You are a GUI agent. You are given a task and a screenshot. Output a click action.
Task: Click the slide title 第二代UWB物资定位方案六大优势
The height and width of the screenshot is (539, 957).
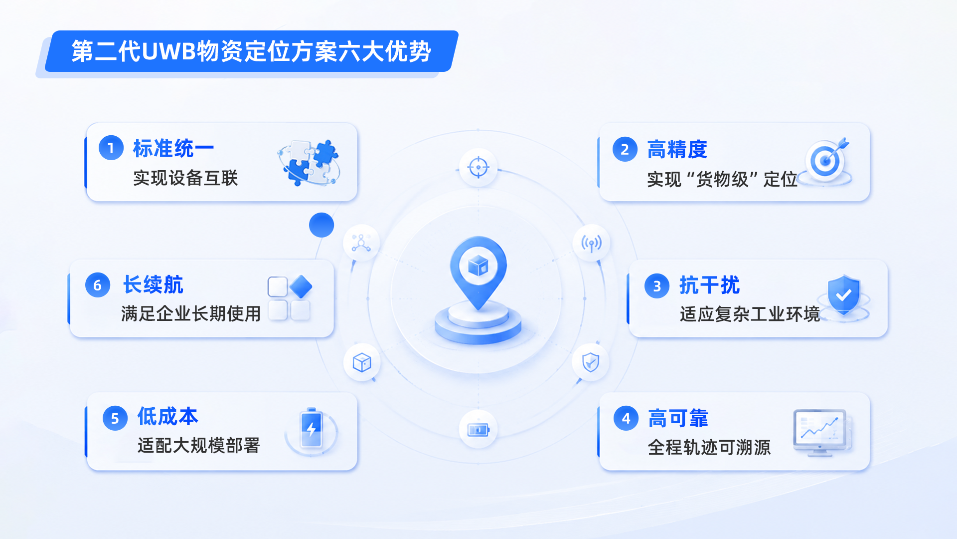[x=251, y=51]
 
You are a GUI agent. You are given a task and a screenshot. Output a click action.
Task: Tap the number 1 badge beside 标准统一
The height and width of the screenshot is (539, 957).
[x=111, y=148]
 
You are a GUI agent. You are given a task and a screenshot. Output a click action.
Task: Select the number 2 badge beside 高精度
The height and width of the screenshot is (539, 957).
[x=625, y=149]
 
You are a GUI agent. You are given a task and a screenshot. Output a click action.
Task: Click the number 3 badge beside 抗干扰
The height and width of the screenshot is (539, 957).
[x=657, y=286]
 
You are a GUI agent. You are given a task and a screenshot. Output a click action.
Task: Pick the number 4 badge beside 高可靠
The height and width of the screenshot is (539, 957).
[x=626, y=418]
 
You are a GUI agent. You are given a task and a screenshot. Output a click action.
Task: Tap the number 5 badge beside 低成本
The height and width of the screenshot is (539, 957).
[x=115, y=418]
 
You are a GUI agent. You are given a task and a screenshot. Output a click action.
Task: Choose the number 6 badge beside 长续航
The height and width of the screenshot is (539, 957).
[x=98, y=285]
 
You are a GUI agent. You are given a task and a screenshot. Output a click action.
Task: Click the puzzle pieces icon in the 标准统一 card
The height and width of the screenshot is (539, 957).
[x=309, y=162]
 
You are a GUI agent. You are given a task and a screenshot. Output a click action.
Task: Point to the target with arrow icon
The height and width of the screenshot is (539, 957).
[x=825, y=161]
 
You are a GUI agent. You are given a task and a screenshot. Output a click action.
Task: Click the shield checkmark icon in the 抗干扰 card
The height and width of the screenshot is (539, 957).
[x=844, y=296]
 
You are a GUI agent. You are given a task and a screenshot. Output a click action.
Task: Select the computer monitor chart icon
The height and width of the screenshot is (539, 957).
[x=821, y=432]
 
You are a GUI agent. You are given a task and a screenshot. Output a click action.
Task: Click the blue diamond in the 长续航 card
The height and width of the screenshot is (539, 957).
[x=301, y=286]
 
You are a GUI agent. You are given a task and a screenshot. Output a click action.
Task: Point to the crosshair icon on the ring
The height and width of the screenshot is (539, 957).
[x=478, y=167]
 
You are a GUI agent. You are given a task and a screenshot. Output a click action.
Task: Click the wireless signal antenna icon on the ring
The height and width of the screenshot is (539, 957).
[x=591, y=244]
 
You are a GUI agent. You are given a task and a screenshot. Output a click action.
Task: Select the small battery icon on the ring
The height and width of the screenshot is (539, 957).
[x=478, y=429]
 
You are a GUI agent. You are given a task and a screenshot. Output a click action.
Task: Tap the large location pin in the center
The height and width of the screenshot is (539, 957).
[x=478, y=272]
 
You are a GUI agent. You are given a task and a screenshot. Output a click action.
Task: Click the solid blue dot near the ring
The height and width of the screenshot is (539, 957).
[x=321, y=225]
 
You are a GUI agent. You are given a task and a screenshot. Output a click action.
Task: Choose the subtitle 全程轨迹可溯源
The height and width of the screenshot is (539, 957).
[x=709, y=447]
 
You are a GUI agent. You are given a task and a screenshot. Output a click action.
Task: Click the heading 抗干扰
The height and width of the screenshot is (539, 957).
[x=710, y=285]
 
